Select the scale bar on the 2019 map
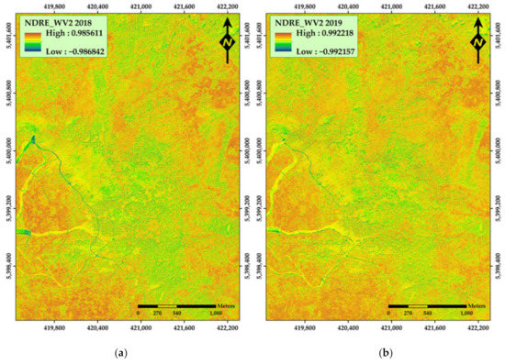click(429, 304)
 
